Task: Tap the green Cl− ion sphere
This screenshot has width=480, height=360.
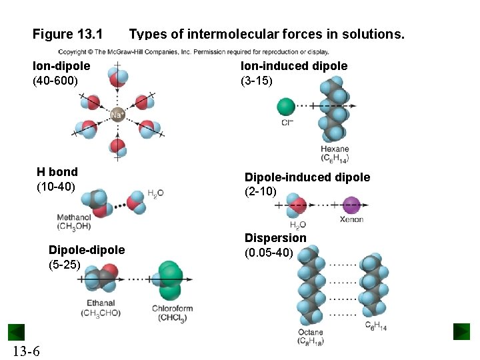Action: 286,106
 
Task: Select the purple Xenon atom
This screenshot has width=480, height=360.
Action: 351,205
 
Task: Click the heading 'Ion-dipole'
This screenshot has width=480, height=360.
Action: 61,66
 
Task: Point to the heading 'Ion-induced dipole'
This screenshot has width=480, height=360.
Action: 294,66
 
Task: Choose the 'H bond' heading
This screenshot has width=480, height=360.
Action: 57,172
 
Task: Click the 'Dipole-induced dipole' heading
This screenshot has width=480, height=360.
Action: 307,177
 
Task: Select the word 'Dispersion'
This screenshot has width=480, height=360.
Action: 275,238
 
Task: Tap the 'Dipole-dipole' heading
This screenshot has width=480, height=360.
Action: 86,250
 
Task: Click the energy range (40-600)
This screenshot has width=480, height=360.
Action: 55,81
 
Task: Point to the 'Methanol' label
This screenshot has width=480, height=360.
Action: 74,217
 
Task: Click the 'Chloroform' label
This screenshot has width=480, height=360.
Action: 172,309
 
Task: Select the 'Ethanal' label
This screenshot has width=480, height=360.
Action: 101,303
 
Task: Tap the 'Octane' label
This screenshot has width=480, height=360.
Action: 311,332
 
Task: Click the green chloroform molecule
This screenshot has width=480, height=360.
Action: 170,280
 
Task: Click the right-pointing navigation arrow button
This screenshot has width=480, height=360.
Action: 461,331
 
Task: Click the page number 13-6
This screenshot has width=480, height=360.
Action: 25,351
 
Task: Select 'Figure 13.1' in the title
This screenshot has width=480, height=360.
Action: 67,33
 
